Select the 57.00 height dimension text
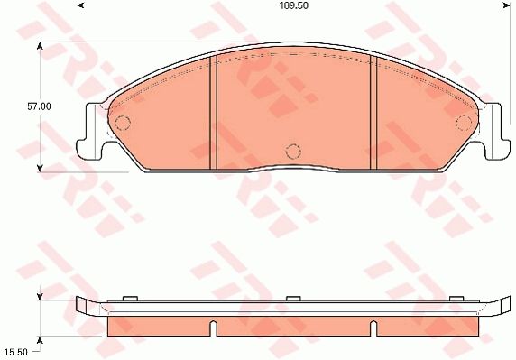[38, 106]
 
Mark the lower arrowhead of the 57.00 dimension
[40, 167]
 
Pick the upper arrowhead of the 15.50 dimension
[40, 294]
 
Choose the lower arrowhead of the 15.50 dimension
[40, 335]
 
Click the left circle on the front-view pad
[124, 123]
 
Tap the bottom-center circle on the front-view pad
[290, 151]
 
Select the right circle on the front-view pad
[464, 123]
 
